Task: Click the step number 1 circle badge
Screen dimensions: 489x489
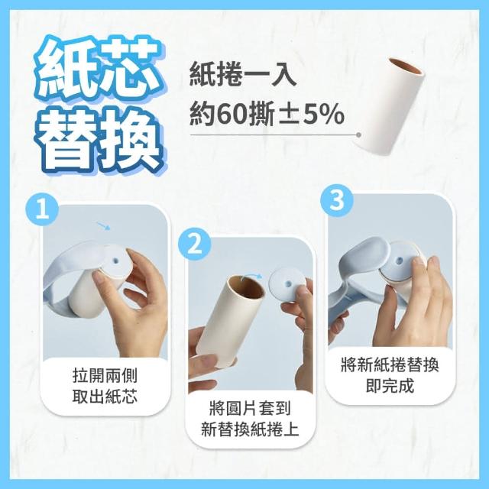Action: pos(43,209)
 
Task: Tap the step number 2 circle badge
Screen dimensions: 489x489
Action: pos(195,244)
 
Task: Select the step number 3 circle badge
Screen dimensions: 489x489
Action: pos(337,200)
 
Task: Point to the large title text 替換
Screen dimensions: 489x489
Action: pos(100,140)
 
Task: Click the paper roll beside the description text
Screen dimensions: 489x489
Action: pos(389,105)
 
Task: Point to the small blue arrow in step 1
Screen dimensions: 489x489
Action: pos(104,226)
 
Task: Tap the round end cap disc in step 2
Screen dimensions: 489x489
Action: pos(287,286)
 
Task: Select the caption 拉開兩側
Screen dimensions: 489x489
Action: pos(105,375)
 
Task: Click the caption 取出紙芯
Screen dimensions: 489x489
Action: pos(105,397)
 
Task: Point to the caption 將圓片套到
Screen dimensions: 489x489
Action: pos(250,408)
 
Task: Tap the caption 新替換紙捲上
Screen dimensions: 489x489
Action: pos(250,429)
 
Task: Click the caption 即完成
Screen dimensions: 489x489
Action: pos(390,386)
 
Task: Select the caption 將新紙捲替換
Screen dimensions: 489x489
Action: pos(390,364)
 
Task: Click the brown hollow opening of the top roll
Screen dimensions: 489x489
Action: pos(406,66)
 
